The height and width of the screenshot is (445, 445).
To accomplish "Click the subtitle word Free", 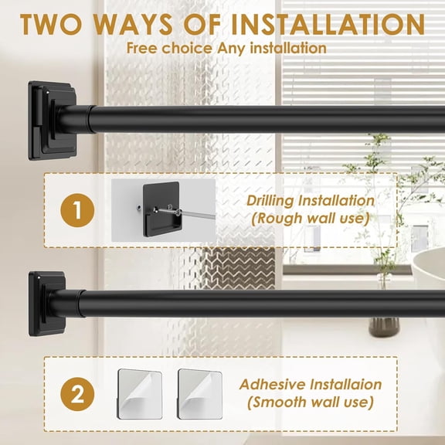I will coord(145,47).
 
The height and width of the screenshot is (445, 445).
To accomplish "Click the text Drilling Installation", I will coord(310,201).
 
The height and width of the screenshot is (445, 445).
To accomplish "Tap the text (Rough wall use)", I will coord(310,220).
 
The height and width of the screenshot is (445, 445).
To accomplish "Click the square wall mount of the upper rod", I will coord(49,120).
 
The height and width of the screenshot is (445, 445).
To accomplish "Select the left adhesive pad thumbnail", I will coord(140,393).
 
